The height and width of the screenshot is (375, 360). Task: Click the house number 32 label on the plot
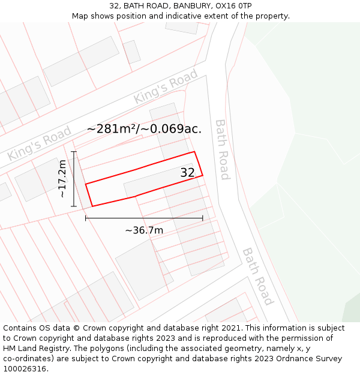[188, 173]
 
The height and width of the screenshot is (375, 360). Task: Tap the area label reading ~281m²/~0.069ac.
[144, 128]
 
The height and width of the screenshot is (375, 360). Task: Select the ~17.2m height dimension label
[62, 179]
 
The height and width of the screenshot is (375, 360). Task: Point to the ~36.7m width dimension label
[144, 230]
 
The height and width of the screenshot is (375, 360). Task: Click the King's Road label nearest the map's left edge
[40, 143]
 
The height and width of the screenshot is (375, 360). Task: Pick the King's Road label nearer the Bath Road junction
[166, 87]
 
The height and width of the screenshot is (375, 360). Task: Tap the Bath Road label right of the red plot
[222, 149]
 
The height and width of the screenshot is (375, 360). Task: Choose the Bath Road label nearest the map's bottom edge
[258, 276]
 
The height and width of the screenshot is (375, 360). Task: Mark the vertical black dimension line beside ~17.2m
[74, 179]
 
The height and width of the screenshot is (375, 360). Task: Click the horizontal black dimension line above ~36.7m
[144, 218]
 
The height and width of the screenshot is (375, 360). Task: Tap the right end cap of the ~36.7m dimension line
[203, 218]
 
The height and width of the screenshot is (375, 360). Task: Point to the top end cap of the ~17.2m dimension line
[74, 152]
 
